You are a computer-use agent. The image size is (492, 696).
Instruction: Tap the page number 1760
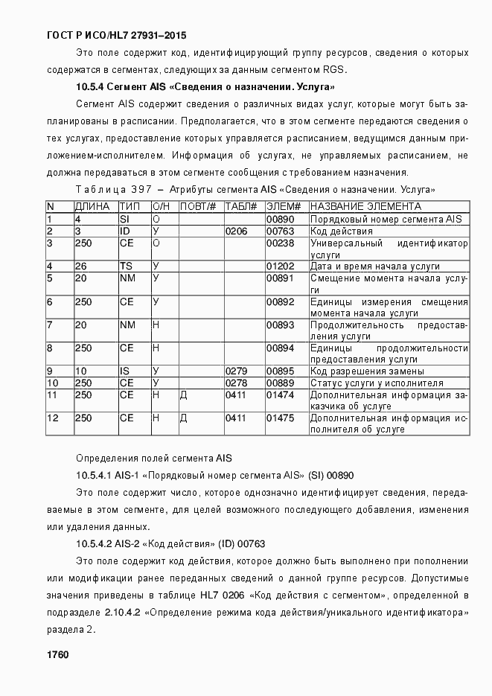pyautogui.click(x=57, y=654)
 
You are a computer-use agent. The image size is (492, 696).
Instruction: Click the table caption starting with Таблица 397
pyautogui.click(x=255, y=190)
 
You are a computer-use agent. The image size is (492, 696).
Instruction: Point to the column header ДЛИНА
pyautogui.click(x=92, y=206)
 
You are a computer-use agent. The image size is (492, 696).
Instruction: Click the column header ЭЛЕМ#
pyautogui.click(x=284, y=206)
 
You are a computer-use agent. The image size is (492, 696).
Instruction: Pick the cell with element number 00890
pyautogui.click(x=281, y=219)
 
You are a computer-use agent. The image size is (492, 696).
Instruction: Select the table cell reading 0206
pyautogui.click(x=236, y=231)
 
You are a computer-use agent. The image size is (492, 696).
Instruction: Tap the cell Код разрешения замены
pyautogui.click(x=367, y=371)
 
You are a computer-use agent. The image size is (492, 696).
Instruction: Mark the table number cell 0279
pyautogui.click(x=236, y=371)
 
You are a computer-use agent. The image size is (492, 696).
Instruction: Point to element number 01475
pyautogui.click(x=281, y=418)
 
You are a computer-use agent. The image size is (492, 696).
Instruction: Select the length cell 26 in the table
pyautogui.click(x=81, y=266)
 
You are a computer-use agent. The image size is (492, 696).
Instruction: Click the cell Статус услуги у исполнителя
pyautogui.click(x=377, y=383)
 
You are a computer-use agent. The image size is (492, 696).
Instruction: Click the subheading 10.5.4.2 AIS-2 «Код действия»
pyautogui.click(x=170, y=544)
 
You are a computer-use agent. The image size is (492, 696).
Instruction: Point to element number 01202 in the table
pyautogui.click(x=281, y=266)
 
